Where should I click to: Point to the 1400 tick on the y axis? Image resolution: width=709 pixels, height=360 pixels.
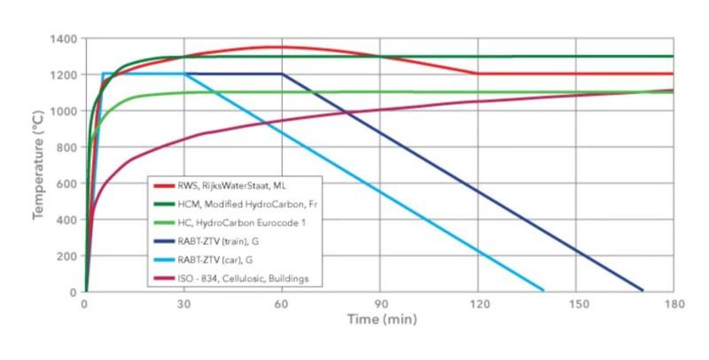pos(65,39)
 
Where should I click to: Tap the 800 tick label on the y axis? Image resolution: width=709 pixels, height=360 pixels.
pos(67,147)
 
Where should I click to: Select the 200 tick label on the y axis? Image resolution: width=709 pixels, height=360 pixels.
pos(67,255)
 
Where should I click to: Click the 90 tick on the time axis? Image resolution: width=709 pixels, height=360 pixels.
pos(379,303)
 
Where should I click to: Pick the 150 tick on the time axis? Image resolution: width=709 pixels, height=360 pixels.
pos(575,303)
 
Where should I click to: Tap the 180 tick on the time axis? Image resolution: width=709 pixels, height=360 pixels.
pos(673,303)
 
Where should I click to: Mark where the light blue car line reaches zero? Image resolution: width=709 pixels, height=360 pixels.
pos(542,290)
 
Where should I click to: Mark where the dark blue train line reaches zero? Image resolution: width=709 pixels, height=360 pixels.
pos(641,290)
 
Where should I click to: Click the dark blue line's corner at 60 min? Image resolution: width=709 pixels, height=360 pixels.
pos(282,74)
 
